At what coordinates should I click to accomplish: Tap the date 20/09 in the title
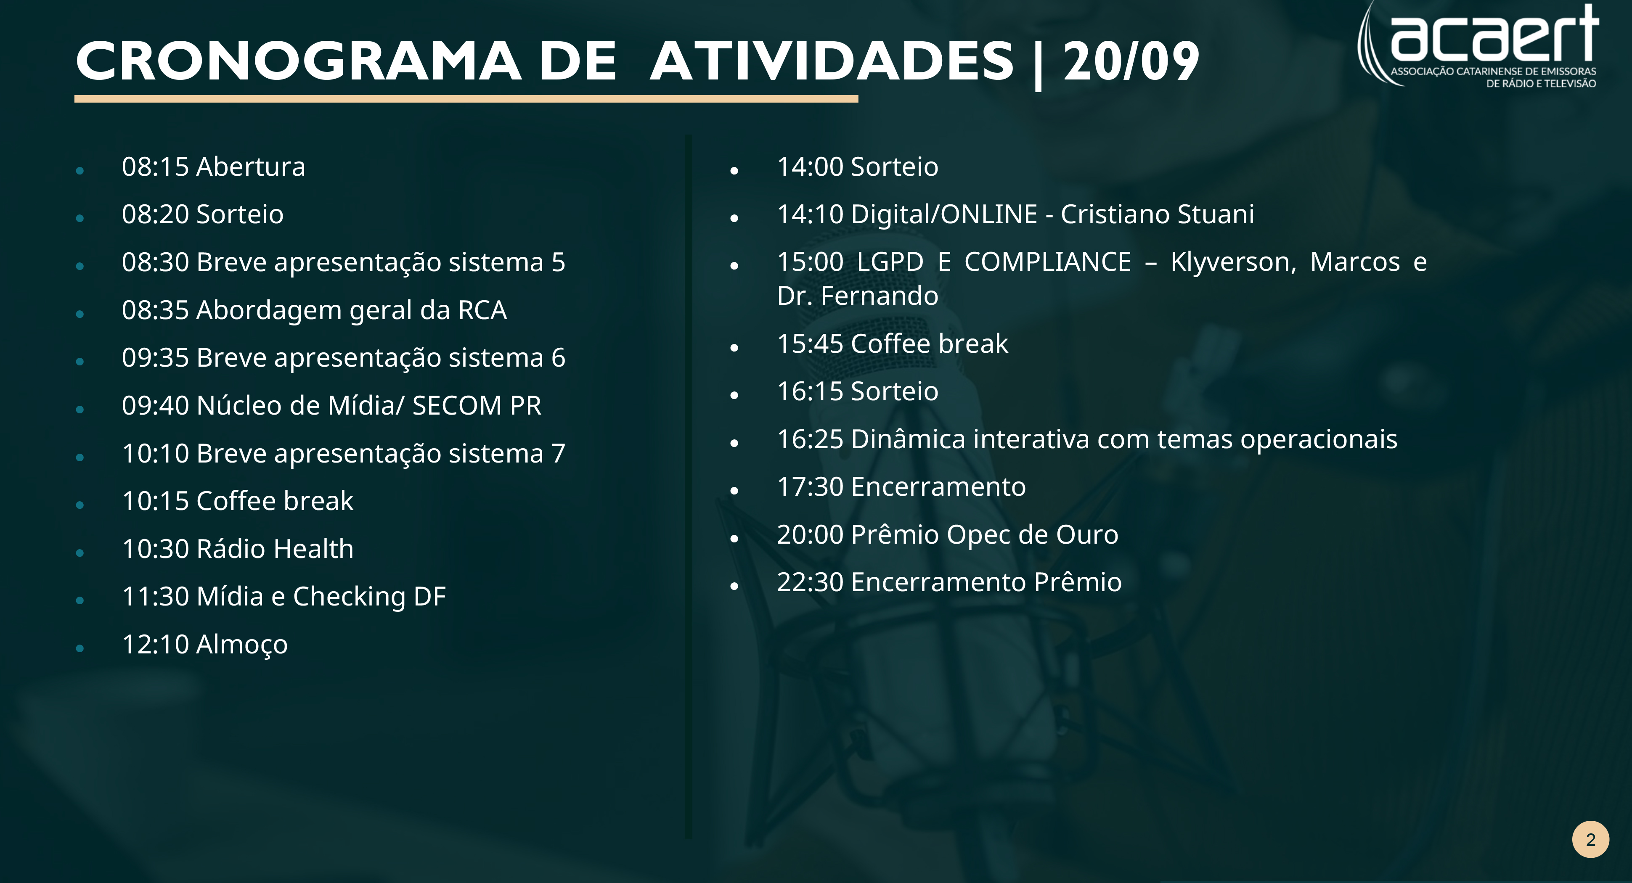tap(1131, 61)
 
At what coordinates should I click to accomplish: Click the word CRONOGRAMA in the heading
tap(298, 61)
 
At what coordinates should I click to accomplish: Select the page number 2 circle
tap(1590, 839)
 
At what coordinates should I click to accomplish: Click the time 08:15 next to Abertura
tap(155, 167)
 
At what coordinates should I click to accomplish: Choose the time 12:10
tap(155, 644)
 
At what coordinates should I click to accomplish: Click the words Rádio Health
tap(275, 549)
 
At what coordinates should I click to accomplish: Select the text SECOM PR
tap(477, 405)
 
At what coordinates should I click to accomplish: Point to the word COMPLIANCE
tap(1048, 262)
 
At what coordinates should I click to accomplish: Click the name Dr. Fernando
tap(858, 296)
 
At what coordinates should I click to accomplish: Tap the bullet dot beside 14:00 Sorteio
tap(734, 170)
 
